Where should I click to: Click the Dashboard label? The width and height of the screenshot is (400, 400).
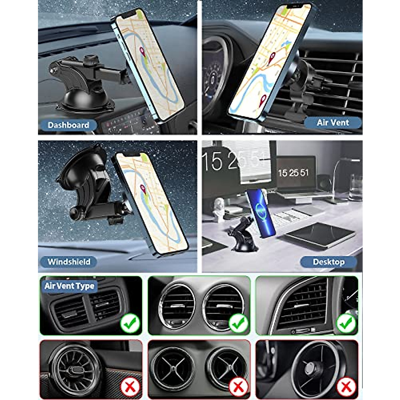coord(68,125)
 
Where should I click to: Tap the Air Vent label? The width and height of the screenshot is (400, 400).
coord(333,123)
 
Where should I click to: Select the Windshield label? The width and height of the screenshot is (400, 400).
coord(69,262)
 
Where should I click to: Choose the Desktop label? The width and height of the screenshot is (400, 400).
coord(328,262)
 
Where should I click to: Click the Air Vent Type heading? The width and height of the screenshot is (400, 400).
coord(69,286)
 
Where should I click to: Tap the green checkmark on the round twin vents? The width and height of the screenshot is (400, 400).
coord(238,323)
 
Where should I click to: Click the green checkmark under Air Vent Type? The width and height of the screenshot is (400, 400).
coord(130,323)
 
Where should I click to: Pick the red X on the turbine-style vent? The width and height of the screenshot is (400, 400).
coord(130,387)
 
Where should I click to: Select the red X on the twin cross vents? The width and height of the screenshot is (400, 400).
coord(238,387)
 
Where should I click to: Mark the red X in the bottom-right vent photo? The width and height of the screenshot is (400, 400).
coord(346,387)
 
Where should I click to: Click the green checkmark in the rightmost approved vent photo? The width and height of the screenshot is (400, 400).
coord(346,323)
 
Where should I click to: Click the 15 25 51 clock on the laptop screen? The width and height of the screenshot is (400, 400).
coord(293,173)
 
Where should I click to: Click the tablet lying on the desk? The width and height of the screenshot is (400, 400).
coord(320,235)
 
